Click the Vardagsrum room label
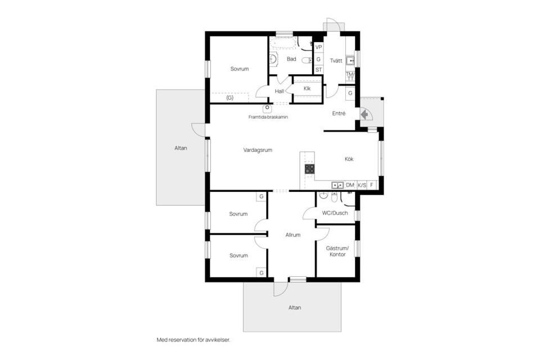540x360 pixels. (258, 150)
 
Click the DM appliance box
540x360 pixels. (350, 184)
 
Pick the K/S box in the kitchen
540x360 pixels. (362, 184)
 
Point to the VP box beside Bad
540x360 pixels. (318, 48)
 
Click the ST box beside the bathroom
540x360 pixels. (318, 70)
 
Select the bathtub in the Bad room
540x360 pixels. (284, 43)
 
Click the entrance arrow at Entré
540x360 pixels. (364, 115)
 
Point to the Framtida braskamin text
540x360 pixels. (268, 117)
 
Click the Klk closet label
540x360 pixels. (307, 89)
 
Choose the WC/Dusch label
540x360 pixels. (335, 213)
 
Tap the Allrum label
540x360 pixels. (292, 235)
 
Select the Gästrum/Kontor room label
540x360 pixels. (337, 251)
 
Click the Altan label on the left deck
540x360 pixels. (181, 148)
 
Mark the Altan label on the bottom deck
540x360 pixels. (294, 308)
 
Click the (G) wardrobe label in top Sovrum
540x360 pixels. (229, 98)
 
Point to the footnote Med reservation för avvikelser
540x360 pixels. (193, 340)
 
